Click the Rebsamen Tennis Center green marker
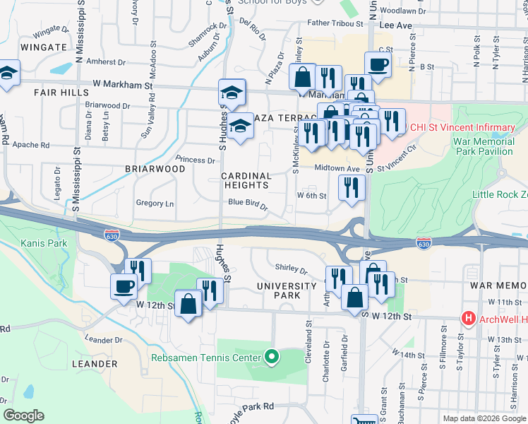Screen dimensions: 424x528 (x=269, y=358)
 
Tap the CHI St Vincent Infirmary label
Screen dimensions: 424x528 (x=462, y=128)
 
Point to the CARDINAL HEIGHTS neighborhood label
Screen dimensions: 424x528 (x=246, y=180)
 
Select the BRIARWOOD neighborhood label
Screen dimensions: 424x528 (x=155, y=170)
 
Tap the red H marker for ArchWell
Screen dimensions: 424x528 (x=467, y=319)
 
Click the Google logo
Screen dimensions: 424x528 (x=23, y=416)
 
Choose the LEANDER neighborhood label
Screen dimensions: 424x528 (x=95, y=364)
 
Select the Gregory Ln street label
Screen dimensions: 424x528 (x=155, y=204)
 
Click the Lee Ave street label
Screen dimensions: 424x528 (x=395, y=24)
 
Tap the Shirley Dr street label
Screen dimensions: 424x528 (x=291, y=269)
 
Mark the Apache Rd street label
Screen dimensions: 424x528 (x=31, y=146)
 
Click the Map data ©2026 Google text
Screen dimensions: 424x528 (x=484, y=418)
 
